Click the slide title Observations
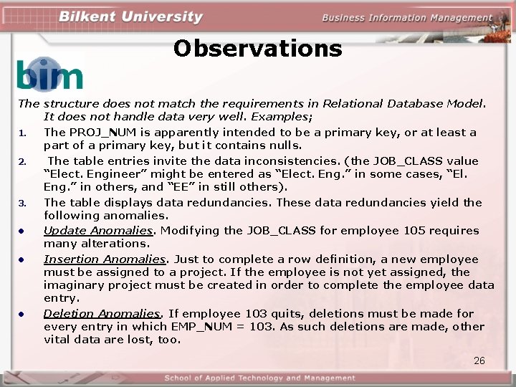(x=258, y=49)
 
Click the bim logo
(x=49, y=75)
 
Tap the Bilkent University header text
(x=130, y=17)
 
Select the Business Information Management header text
(x=406, y=18)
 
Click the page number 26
(x=479, y=360)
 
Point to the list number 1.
(x=23, y=133)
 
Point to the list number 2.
(x=23, y=161)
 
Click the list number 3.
(x=23, y=203)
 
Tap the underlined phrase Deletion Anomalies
(x=102, y=314)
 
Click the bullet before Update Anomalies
(x=23, y=231)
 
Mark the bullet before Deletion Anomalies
(x=23, y=314)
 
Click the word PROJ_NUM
(x=95, y=133)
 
